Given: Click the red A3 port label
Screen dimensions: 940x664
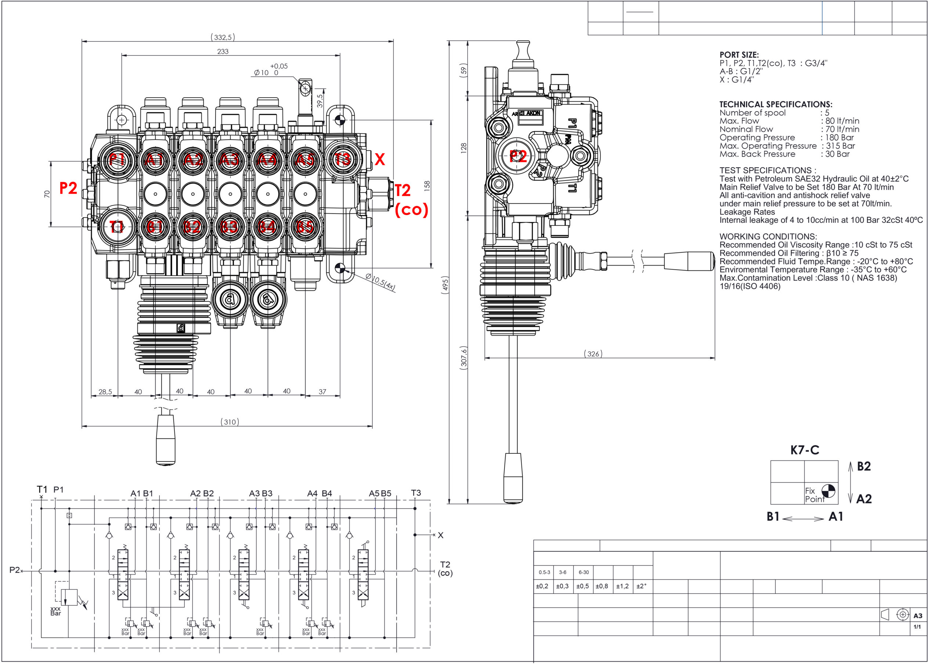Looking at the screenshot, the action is pyautogui.click(x=230, y=160).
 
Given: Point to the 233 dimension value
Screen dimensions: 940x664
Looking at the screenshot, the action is pyautogui.click(x=223, y=52).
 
